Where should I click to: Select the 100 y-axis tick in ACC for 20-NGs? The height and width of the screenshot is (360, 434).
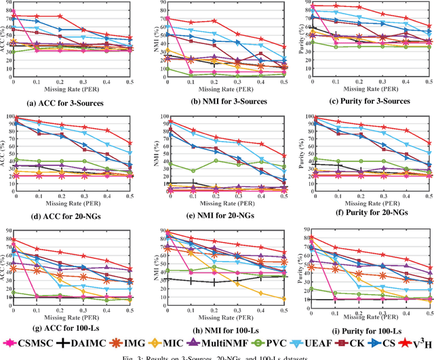click(9, 116)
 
